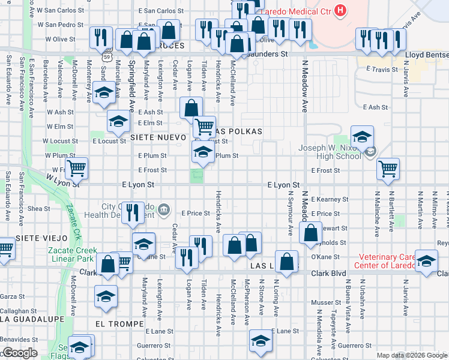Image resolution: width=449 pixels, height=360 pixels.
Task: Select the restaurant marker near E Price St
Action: point(133,212)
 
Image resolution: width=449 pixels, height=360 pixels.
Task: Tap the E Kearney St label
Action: point(330,199)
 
